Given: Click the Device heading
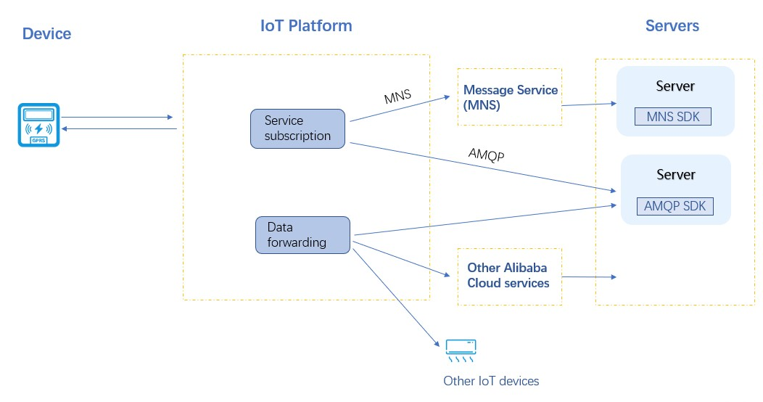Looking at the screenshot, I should click(x=47, y=33).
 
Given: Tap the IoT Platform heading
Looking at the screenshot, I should click(x=306, y=26).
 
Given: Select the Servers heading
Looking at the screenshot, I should click(x=672, y=26).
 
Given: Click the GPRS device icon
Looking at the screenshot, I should click(x=38, y=125).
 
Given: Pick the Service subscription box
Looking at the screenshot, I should click(x=297, y=128).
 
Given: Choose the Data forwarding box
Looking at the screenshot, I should click(x=302, y=234).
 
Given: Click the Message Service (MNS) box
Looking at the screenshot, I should click(x=510, y=97).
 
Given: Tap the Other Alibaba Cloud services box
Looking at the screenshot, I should click(x=509, y=276).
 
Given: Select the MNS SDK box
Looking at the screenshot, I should click(x=672, y=116).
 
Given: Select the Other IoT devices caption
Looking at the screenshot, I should click(x=491, y=381).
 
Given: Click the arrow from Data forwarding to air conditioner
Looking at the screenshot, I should click(x=395, y=295).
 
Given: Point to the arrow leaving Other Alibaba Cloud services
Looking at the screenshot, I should click(x=589, y=277).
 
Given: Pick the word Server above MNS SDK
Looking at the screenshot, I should click(x=675, y=86).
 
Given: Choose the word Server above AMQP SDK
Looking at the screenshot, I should click(x=675, y=175).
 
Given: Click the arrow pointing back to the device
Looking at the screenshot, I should click(x=120, y=128).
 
